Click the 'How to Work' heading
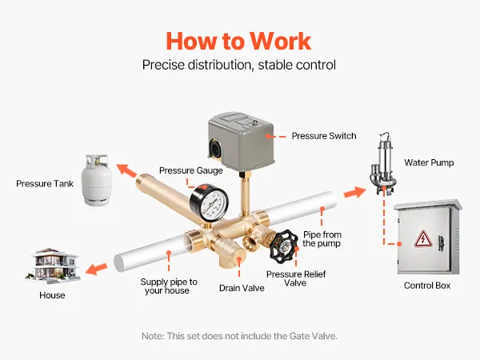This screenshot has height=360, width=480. click(x=238, y=39)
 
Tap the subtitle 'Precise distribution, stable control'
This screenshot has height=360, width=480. click(x=238, y=65)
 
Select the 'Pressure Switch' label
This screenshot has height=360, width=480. click(x=323, y=136)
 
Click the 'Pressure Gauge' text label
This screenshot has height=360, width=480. click(x=190, y=170)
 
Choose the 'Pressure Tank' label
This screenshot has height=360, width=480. click(x=45, y=184)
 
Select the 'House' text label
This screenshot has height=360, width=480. click(x=52, y=295)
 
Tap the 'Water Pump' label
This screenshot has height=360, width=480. click(x=429, y=162)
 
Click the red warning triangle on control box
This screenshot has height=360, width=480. click(x=421, y=238)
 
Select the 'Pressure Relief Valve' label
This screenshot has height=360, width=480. click(x=285, y=278)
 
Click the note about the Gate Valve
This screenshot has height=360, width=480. click(x=239, y=336)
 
